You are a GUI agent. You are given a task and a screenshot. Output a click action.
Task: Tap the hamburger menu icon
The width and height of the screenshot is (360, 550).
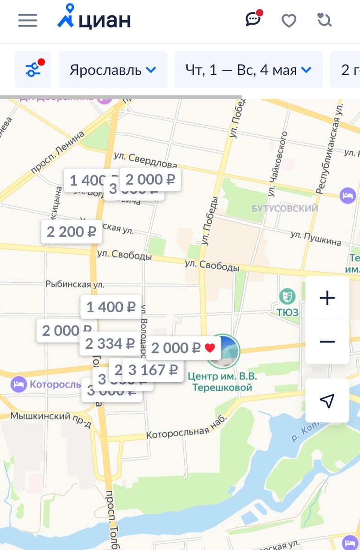tap(28, 21)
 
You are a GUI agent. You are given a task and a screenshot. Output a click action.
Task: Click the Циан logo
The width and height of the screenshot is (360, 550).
tap(94, 19)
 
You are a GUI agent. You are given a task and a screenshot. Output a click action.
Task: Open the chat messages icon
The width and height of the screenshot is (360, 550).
tap(253, 19)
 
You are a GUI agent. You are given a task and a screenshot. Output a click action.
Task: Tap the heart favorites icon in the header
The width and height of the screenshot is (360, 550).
tap(288, 21)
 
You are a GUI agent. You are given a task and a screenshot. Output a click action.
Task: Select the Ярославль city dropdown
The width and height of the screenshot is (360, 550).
tap(113, 70)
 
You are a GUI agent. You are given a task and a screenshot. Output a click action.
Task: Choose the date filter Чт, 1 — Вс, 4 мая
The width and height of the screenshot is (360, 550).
tap(248, 70)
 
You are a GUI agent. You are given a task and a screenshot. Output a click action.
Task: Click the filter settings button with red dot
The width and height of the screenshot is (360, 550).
tap(33, 70)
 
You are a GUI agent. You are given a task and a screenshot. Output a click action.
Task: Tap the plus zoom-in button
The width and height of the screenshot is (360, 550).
tap(327, 298)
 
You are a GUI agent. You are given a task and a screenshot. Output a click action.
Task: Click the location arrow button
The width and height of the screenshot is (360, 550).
tap(327, 401)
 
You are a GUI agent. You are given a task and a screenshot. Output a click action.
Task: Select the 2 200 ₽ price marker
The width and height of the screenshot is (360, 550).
tap(71, 232)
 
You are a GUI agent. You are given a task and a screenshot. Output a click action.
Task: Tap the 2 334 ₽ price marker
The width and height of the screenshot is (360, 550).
tap(110, 344)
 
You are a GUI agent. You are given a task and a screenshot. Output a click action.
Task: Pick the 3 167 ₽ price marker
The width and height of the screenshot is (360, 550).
tap(153, 370)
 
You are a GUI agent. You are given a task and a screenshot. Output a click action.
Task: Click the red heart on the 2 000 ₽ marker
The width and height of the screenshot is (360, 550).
tap(210, 348)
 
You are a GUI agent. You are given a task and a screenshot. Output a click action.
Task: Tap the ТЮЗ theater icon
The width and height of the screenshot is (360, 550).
tap(288, 297)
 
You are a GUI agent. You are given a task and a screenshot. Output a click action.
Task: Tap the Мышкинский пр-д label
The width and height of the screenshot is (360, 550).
tap(50, 417)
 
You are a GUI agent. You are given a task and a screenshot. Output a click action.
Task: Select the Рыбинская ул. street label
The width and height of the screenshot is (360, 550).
tap(75, 285)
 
